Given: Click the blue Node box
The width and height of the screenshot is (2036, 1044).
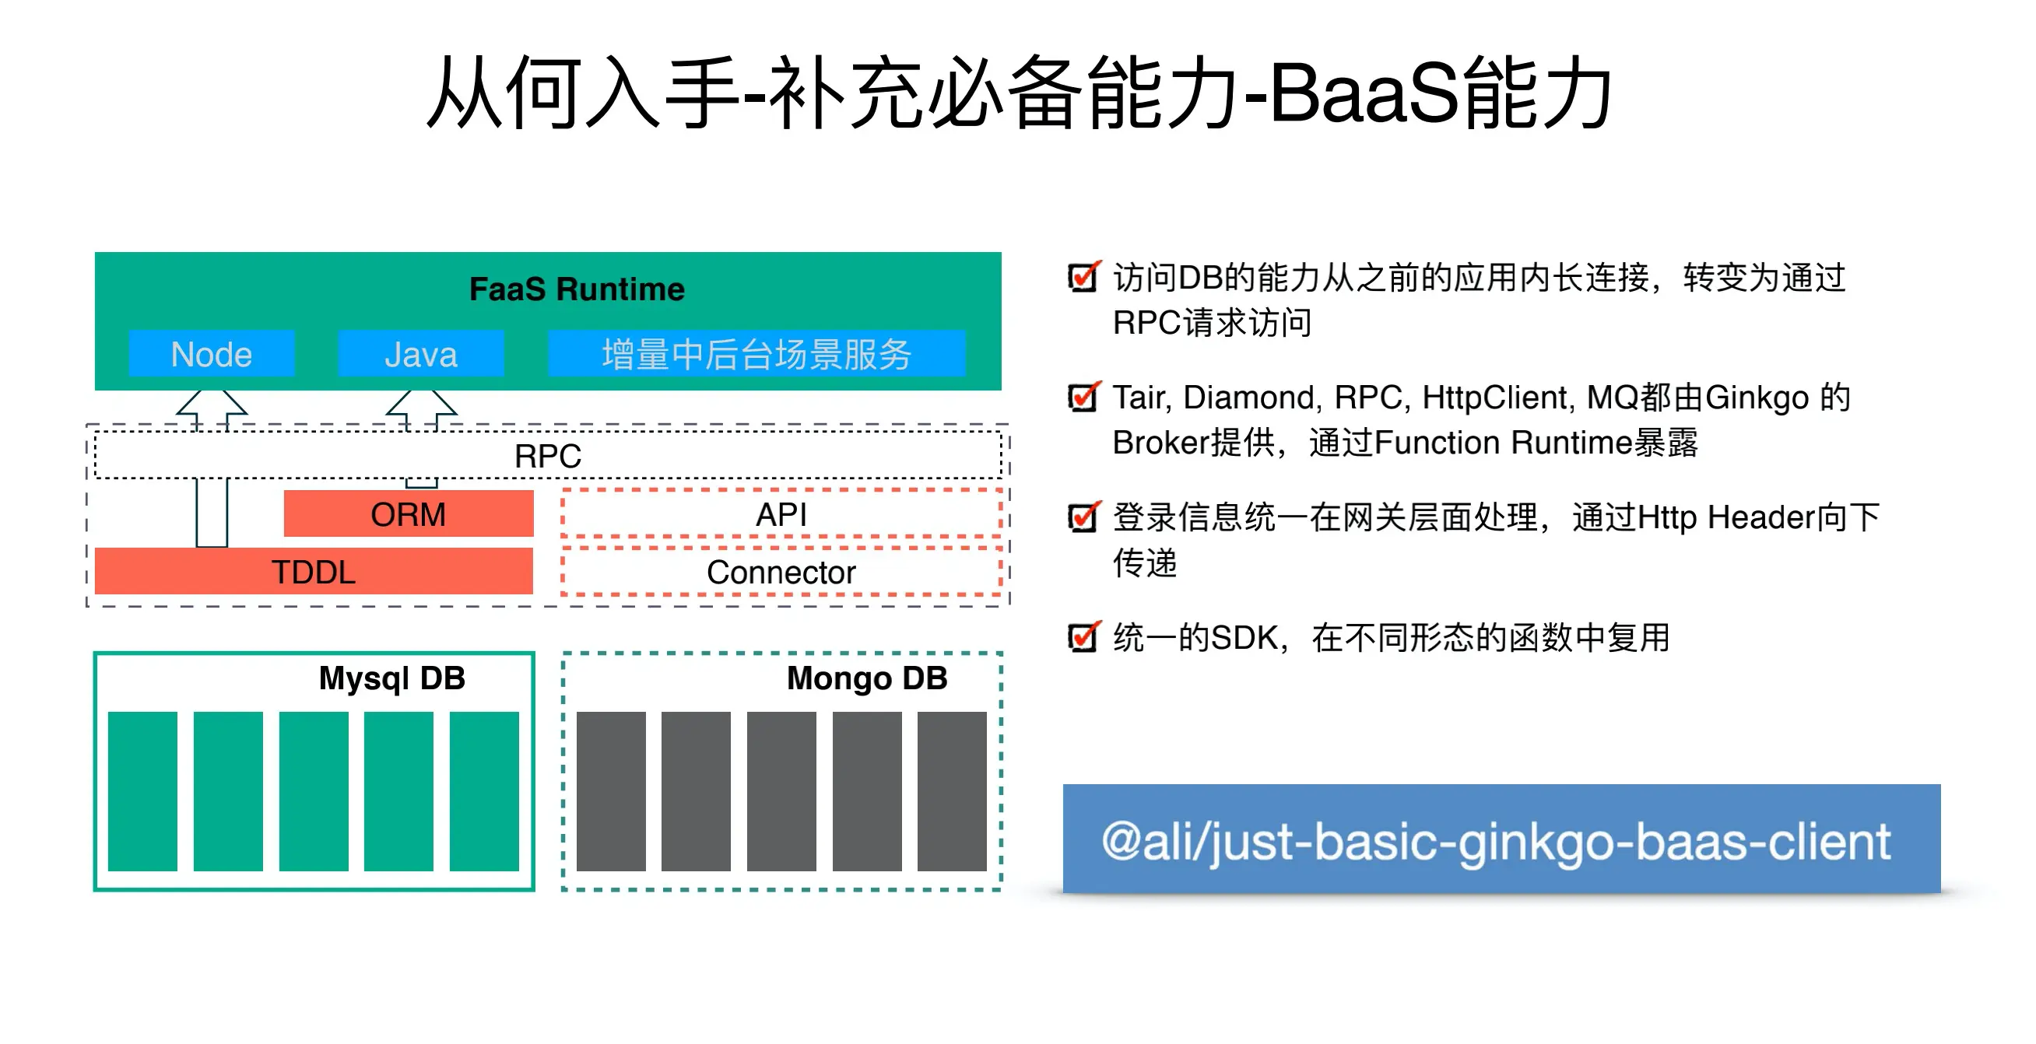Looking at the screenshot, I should [211, 354].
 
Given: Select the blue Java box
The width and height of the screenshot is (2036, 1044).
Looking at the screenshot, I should [420, 354].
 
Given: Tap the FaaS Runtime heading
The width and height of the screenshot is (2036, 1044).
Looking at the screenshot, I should [576, 289].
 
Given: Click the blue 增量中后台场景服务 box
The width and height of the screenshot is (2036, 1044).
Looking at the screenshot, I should [756, 354].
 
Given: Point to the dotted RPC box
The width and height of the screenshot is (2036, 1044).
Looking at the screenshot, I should [548, 456].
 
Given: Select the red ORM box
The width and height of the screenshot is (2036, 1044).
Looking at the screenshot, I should [408, 514].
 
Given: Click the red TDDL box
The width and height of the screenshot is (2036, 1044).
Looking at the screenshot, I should [313, 571].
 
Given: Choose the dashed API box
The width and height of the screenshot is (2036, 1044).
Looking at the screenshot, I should [781, 514].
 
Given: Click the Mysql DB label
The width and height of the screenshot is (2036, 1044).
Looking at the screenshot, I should [391, 678].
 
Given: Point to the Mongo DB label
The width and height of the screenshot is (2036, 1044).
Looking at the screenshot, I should [866, 678].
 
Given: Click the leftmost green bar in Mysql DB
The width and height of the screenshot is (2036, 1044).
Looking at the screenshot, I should [142, 790].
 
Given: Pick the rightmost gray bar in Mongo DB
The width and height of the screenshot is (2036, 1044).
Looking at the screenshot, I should [952, 790].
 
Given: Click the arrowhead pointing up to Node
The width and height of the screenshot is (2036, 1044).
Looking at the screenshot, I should [211, 403].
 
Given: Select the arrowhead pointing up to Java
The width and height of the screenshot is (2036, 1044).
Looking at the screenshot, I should [420, 403].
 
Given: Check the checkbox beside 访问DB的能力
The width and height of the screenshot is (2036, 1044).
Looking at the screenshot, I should [1082, 277].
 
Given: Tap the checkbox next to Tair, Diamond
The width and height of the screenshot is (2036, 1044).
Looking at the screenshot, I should [1082, 397].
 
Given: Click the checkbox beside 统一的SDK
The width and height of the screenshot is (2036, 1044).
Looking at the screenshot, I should [1082, 637].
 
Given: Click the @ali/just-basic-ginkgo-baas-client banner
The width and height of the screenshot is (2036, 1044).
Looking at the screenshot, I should [1500, 839].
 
